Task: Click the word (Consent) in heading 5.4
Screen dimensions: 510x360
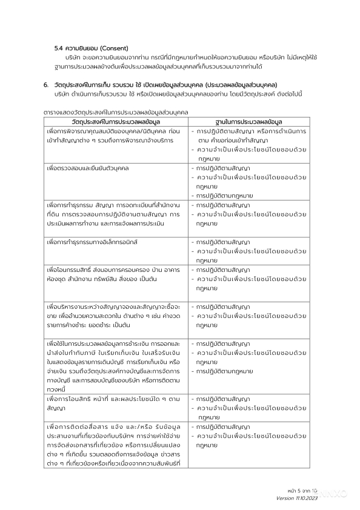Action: click(x=120, y=48)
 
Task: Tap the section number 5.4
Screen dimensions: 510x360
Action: click(x=59, y=48)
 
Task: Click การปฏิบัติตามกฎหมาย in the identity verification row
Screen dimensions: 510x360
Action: click(x=224, y=196)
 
